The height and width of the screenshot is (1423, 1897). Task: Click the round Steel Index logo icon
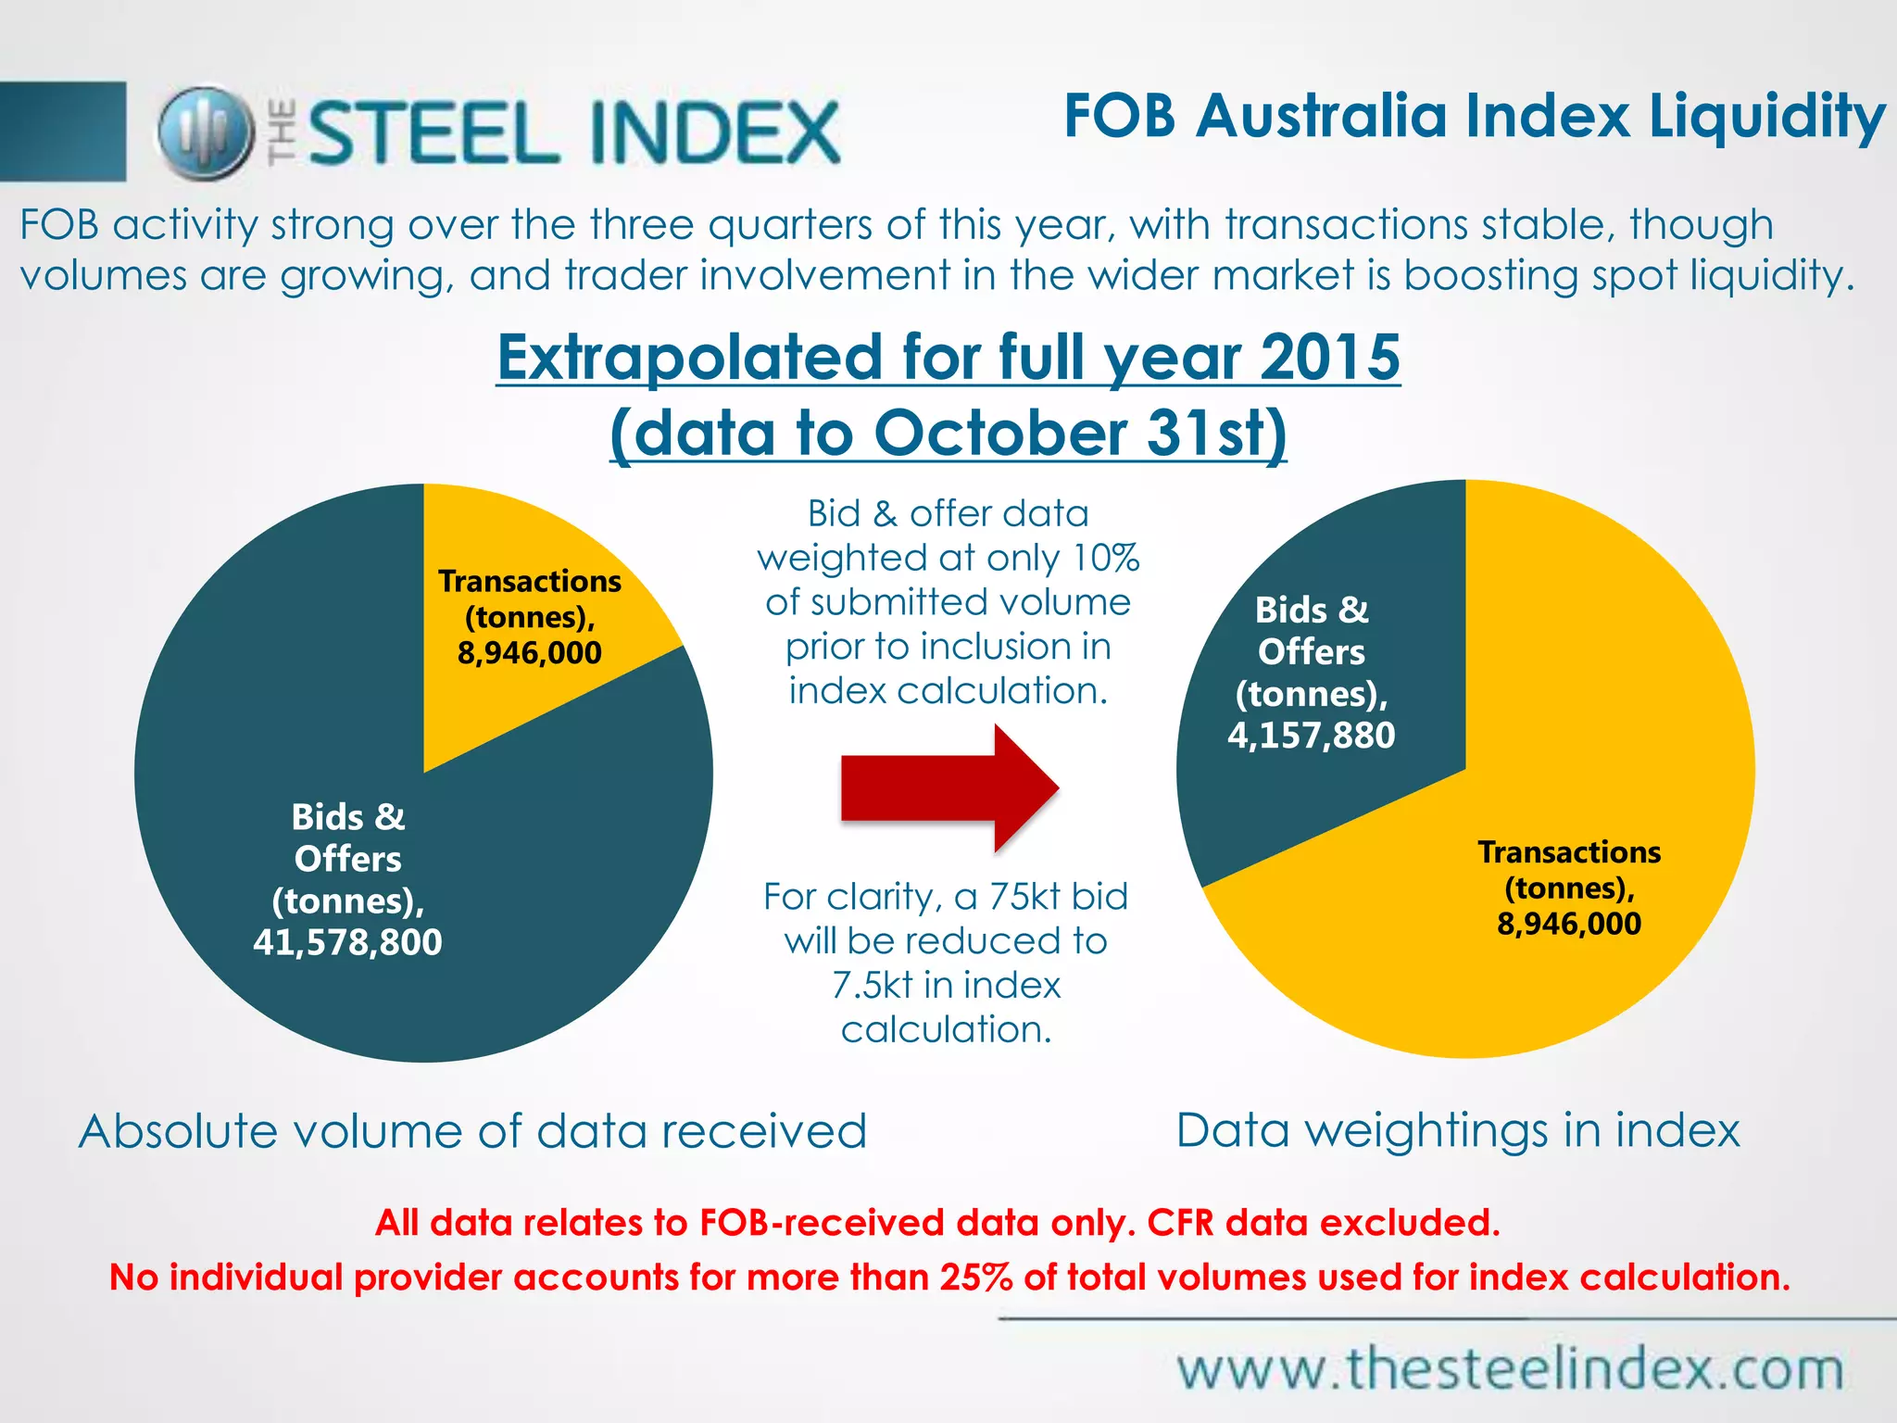pos(206,132)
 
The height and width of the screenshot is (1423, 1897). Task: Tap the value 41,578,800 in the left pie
pos(347,942)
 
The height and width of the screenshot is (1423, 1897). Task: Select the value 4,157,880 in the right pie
pos(1311,736)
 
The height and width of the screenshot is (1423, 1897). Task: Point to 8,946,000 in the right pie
pos(1569,924)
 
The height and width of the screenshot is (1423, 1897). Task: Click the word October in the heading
pos(999,433)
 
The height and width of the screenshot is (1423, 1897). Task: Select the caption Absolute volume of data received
pos(472,1131)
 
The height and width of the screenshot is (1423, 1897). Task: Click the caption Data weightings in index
pos(1458,1130)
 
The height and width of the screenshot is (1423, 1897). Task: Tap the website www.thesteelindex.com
pos(1511,1368)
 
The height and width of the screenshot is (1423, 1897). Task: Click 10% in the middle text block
pos(1106,558)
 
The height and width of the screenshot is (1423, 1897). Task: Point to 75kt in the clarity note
pos(1024,897)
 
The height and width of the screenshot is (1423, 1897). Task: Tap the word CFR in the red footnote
pos(1180,1223)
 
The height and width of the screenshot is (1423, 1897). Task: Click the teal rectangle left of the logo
pos(63,132)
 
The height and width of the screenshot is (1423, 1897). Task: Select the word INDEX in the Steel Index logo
pos(714,132)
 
